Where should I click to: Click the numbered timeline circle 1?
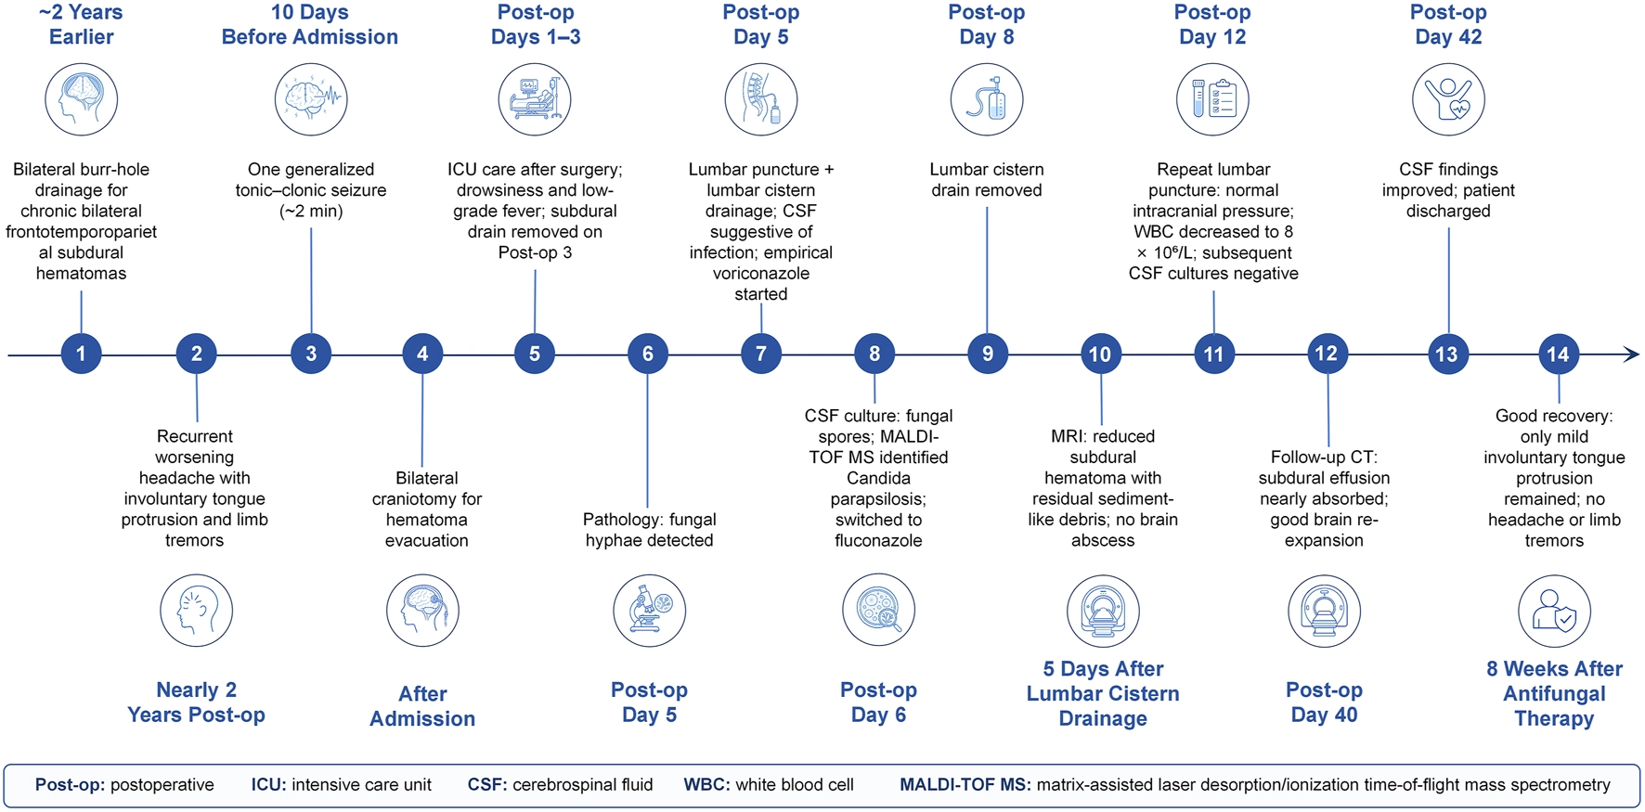tap(81, 354)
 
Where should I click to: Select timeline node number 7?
tap(761, 354)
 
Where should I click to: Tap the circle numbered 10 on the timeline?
tap(1100, 354)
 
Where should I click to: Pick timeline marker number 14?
tap(1558, 354)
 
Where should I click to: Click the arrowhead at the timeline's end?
tap(1631, 354)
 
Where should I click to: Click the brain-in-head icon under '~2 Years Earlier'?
tap(82, 99)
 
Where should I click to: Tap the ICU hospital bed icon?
tap(535, 99)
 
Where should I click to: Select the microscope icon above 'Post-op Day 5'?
tap(649, 611)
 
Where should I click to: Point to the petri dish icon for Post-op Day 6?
tap(878, 611)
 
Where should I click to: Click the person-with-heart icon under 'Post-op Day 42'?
tap(1448, 99)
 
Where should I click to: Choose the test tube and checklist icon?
tap(1212, 99)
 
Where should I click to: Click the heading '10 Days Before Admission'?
tap(310, 24)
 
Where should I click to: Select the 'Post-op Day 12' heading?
tap(1212, 24)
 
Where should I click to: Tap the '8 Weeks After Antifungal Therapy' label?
tap(1554, 693)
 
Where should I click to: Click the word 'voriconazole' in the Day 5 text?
tap(761, 273)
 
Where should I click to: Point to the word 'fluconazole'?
tap(878, 540)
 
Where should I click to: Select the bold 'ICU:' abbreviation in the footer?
tap(268, 785)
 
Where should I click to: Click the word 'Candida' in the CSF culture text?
tap(878, 478)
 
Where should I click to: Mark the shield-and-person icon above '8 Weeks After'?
tap(1554, 611)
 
